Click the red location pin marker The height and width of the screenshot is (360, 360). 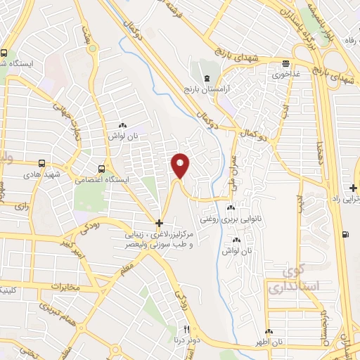click(x=181, y=165)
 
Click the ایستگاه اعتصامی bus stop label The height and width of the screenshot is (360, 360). click(x=103, y=180)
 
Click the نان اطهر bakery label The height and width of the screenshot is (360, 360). click(x=269, y=342)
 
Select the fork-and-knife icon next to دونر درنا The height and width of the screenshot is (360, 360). click(x=186, y=329)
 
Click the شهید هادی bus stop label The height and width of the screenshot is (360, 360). click(x=41, y=172)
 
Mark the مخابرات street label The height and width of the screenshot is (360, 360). click(x=66, y=286)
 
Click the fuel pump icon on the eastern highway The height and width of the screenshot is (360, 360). click(x=344, y=234)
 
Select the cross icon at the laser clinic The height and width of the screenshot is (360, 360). click(x=160, y=222)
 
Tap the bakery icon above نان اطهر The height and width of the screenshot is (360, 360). click(x=269, y=331)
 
